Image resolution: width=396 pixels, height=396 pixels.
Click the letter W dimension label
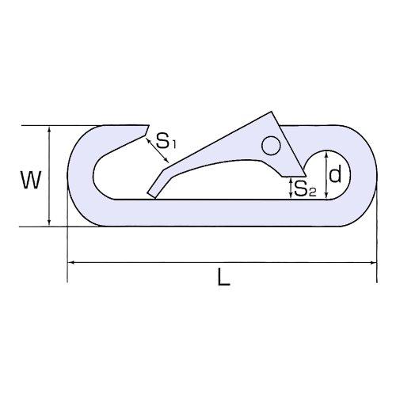[31, 180]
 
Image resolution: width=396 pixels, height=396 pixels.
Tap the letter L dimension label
[224, 276]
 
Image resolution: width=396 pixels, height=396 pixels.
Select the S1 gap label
[166, 140]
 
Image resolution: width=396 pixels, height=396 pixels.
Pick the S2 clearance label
[305, 188]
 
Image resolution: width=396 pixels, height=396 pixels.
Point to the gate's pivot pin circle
[271, 146]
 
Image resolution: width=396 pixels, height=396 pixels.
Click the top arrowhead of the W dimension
[49, 129]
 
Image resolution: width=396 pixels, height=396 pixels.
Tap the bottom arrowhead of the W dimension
[49, 223]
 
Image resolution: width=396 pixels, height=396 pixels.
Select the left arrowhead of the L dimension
[70, 263]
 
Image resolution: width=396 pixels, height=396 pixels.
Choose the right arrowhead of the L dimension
[373, 263]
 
